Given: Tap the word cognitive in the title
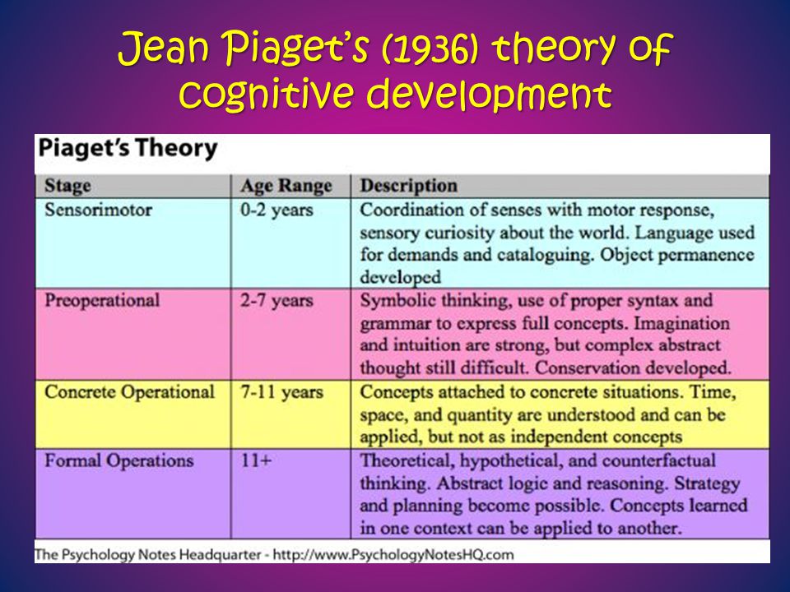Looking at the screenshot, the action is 265,94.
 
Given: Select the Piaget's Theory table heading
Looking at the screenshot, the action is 128,149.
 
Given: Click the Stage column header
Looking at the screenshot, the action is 67,186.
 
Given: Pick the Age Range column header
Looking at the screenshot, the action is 286,187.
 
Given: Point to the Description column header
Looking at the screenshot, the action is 409,186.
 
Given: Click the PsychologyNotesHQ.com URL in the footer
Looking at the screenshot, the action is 393,555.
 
